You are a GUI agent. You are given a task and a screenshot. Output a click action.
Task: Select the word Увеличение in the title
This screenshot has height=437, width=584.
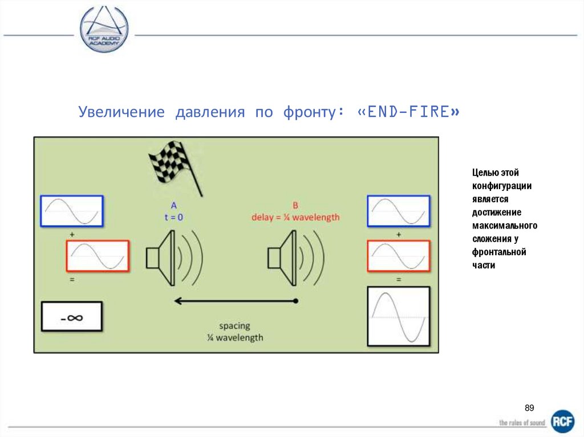[x=121, y=112]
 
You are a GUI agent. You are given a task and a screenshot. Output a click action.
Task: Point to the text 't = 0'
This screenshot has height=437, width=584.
[x=173, y=217]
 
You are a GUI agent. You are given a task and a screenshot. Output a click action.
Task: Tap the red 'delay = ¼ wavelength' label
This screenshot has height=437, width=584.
[x=295, y=217]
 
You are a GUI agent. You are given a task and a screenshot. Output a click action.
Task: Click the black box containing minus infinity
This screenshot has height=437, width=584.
[x=71, y=317]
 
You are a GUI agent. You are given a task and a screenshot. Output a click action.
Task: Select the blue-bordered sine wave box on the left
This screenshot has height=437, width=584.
[x=72, y=212]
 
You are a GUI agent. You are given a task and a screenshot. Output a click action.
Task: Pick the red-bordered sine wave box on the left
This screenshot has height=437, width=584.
[x=96, y=256]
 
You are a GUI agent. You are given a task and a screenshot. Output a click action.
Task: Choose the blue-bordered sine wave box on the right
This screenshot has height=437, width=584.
[x=399, y=212]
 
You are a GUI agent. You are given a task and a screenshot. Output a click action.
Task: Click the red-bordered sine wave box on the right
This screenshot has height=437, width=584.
[x=399, y=256]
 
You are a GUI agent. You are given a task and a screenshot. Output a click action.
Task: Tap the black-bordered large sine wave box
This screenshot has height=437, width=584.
[x=399, y=316]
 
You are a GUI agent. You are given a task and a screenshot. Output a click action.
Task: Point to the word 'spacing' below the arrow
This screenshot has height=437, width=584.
[x=235, y=326]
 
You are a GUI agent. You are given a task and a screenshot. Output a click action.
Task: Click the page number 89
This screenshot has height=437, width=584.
[x=529, y=408]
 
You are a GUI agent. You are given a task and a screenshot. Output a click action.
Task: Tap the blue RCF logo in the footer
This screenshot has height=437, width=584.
[x=562, y=422]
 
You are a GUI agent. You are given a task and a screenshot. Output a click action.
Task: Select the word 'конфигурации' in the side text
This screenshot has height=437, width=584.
[x=502, y=186]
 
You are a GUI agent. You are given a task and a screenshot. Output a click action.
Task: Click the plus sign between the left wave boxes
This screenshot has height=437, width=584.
[x=72, y=234]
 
